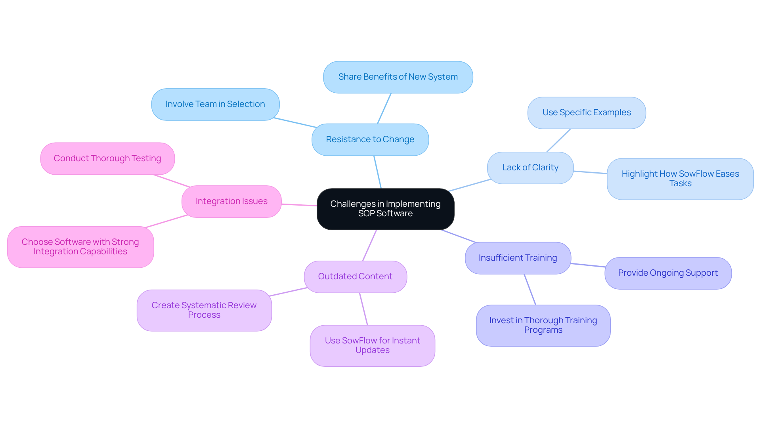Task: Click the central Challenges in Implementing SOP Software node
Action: [x=385, y=209]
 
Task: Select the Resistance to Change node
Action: [x=370, y=139]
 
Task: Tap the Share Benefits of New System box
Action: [x=398, y=77]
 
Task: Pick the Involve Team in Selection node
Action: [x=215, y=105]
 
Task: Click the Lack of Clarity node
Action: [x=530, y=168]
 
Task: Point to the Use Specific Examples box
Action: [x=586, y=113]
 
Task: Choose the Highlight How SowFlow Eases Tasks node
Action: [x=680, y=179]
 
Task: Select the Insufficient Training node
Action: [x=518, y=258]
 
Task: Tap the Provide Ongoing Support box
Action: [x=667, y=273]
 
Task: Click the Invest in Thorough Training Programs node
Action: [x=543, y=326]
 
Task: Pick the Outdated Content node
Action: [x=355, y=277]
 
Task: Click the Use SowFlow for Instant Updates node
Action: [x=372, y=346]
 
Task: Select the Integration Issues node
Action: [x=231, y=202]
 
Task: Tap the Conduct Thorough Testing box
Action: [x=107, y=159]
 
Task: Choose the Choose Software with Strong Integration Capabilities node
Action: [x=80, y=247]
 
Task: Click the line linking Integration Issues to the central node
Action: [x=299, y=205]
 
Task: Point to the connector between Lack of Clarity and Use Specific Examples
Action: [x=558, y=141]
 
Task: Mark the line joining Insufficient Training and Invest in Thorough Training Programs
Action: [x=530, y=290]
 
